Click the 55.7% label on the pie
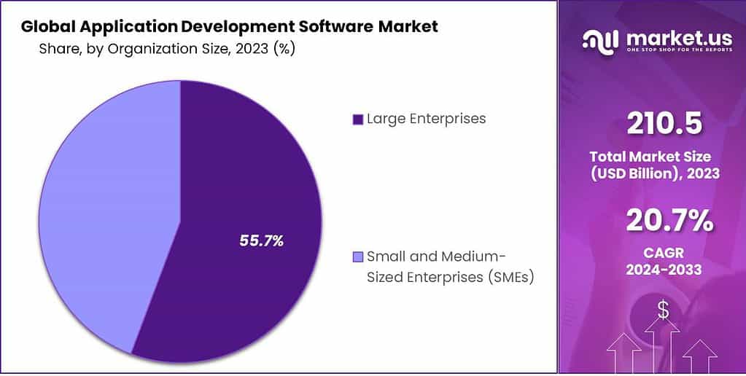(x=262, y=240)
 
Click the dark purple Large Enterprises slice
(x=241, y=182)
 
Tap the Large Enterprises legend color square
(x=357, y=120)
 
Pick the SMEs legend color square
(x=357, y=257)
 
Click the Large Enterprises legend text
(x=426, y=119)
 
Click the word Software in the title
(x=331, y=28)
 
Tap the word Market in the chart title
(x=409, y=28)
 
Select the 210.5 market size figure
(x=664, y=124)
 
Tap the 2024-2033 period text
(x=664, y=270)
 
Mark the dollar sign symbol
(x=663, y=310)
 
